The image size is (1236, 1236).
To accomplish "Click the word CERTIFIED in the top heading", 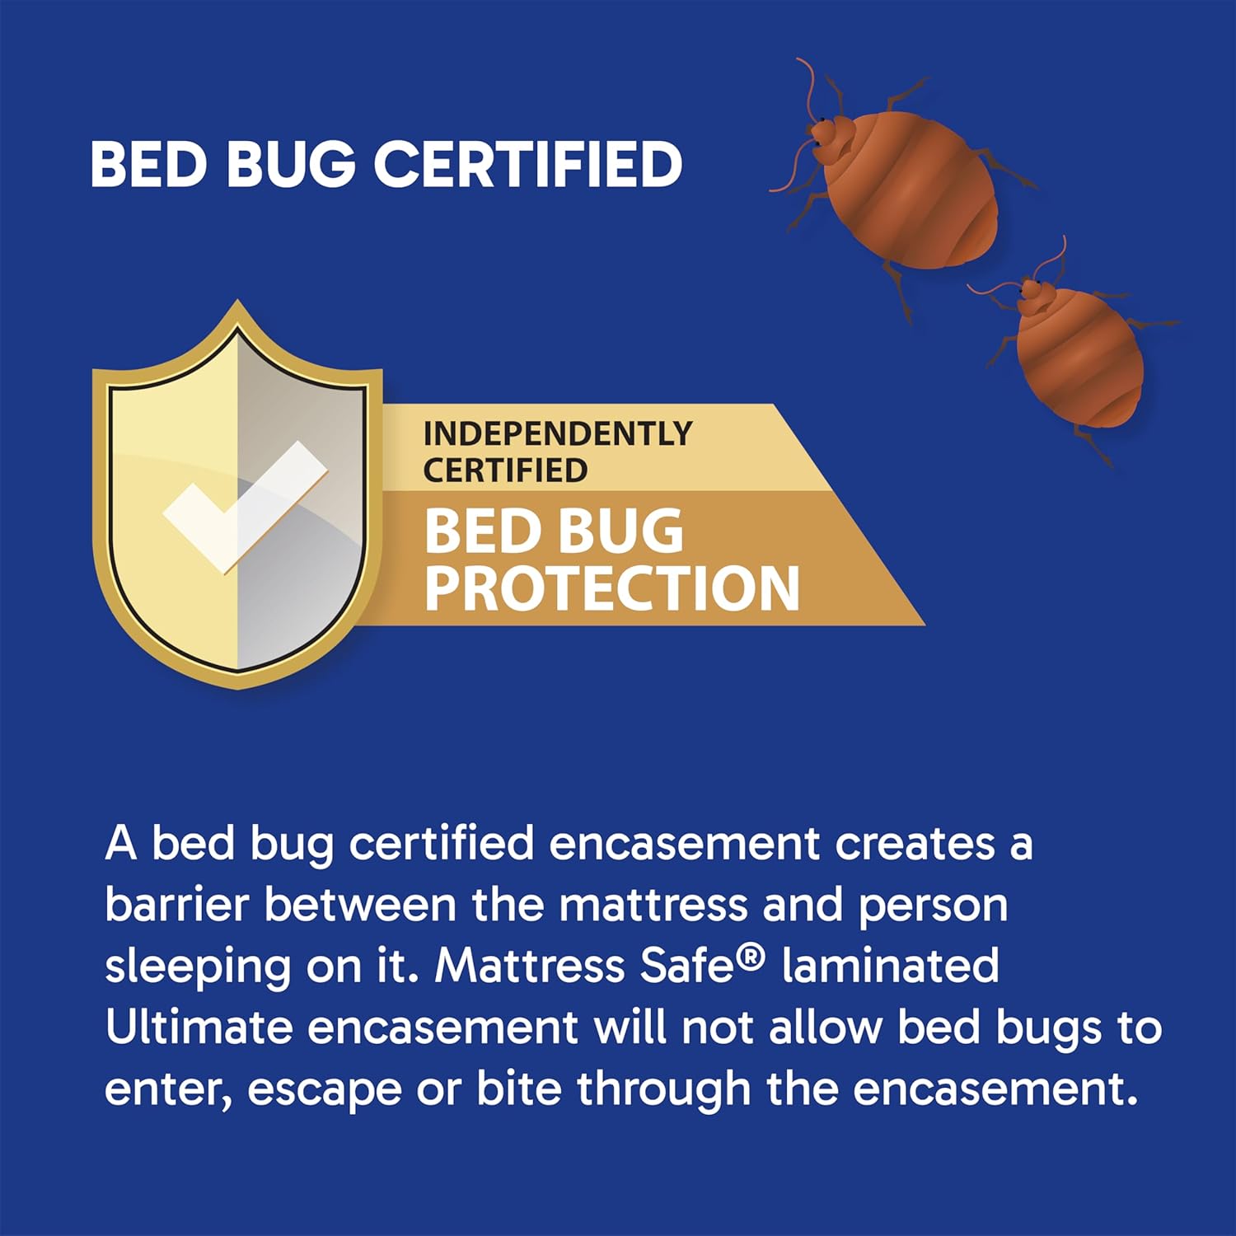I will pos(528,163).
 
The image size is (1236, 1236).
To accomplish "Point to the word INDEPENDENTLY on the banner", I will pos(558,433).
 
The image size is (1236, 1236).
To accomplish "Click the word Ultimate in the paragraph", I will pos(199,1028).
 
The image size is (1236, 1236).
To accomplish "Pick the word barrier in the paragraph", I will pos(176,905).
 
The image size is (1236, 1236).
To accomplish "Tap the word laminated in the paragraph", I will pos(890,966).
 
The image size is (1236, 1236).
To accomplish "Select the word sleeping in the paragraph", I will pos(198,967).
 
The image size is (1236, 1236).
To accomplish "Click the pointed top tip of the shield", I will pos(238,307).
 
